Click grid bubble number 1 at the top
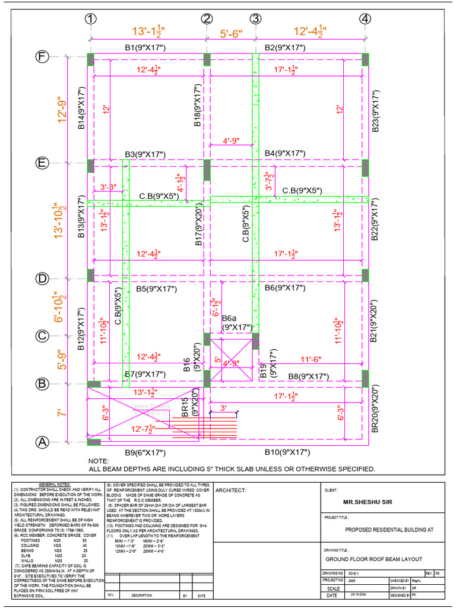point(90,19)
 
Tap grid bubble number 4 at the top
point(365,19)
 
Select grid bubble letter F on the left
point(42,57)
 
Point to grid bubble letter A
point(42,442)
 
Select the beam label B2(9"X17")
point(285,47)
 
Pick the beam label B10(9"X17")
point(287,452)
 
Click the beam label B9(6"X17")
point(145,453)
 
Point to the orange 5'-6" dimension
point(230,34)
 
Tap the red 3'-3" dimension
point(108,187)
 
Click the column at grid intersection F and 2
point(207,59)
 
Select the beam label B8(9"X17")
point(309,376)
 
